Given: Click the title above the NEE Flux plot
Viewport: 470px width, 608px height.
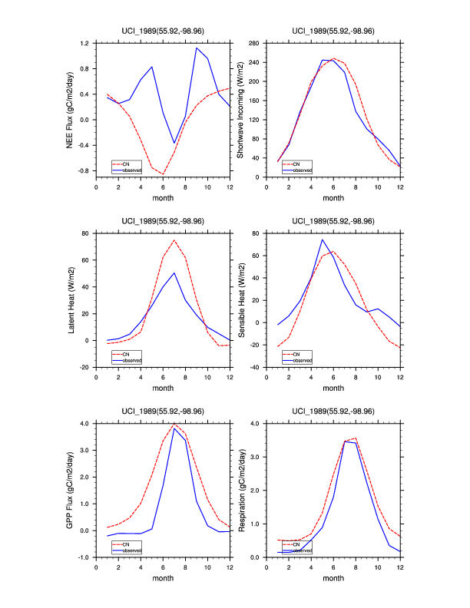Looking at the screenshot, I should coord(162,31).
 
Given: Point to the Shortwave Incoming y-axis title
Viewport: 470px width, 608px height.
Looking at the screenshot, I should coord(240,110).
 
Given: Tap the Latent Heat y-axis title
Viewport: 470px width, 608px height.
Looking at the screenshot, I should coord(70,300).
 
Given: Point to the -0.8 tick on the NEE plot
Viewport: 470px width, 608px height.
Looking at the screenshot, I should coord(84,170).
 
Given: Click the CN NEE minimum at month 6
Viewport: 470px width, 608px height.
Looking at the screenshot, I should coord(163,174).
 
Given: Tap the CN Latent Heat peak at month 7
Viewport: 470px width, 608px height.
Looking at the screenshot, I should coord(174,240).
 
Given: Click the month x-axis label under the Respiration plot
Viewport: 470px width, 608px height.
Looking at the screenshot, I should coord(333,578).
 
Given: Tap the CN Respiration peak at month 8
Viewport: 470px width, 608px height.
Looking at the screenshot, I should coord(356,438).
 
